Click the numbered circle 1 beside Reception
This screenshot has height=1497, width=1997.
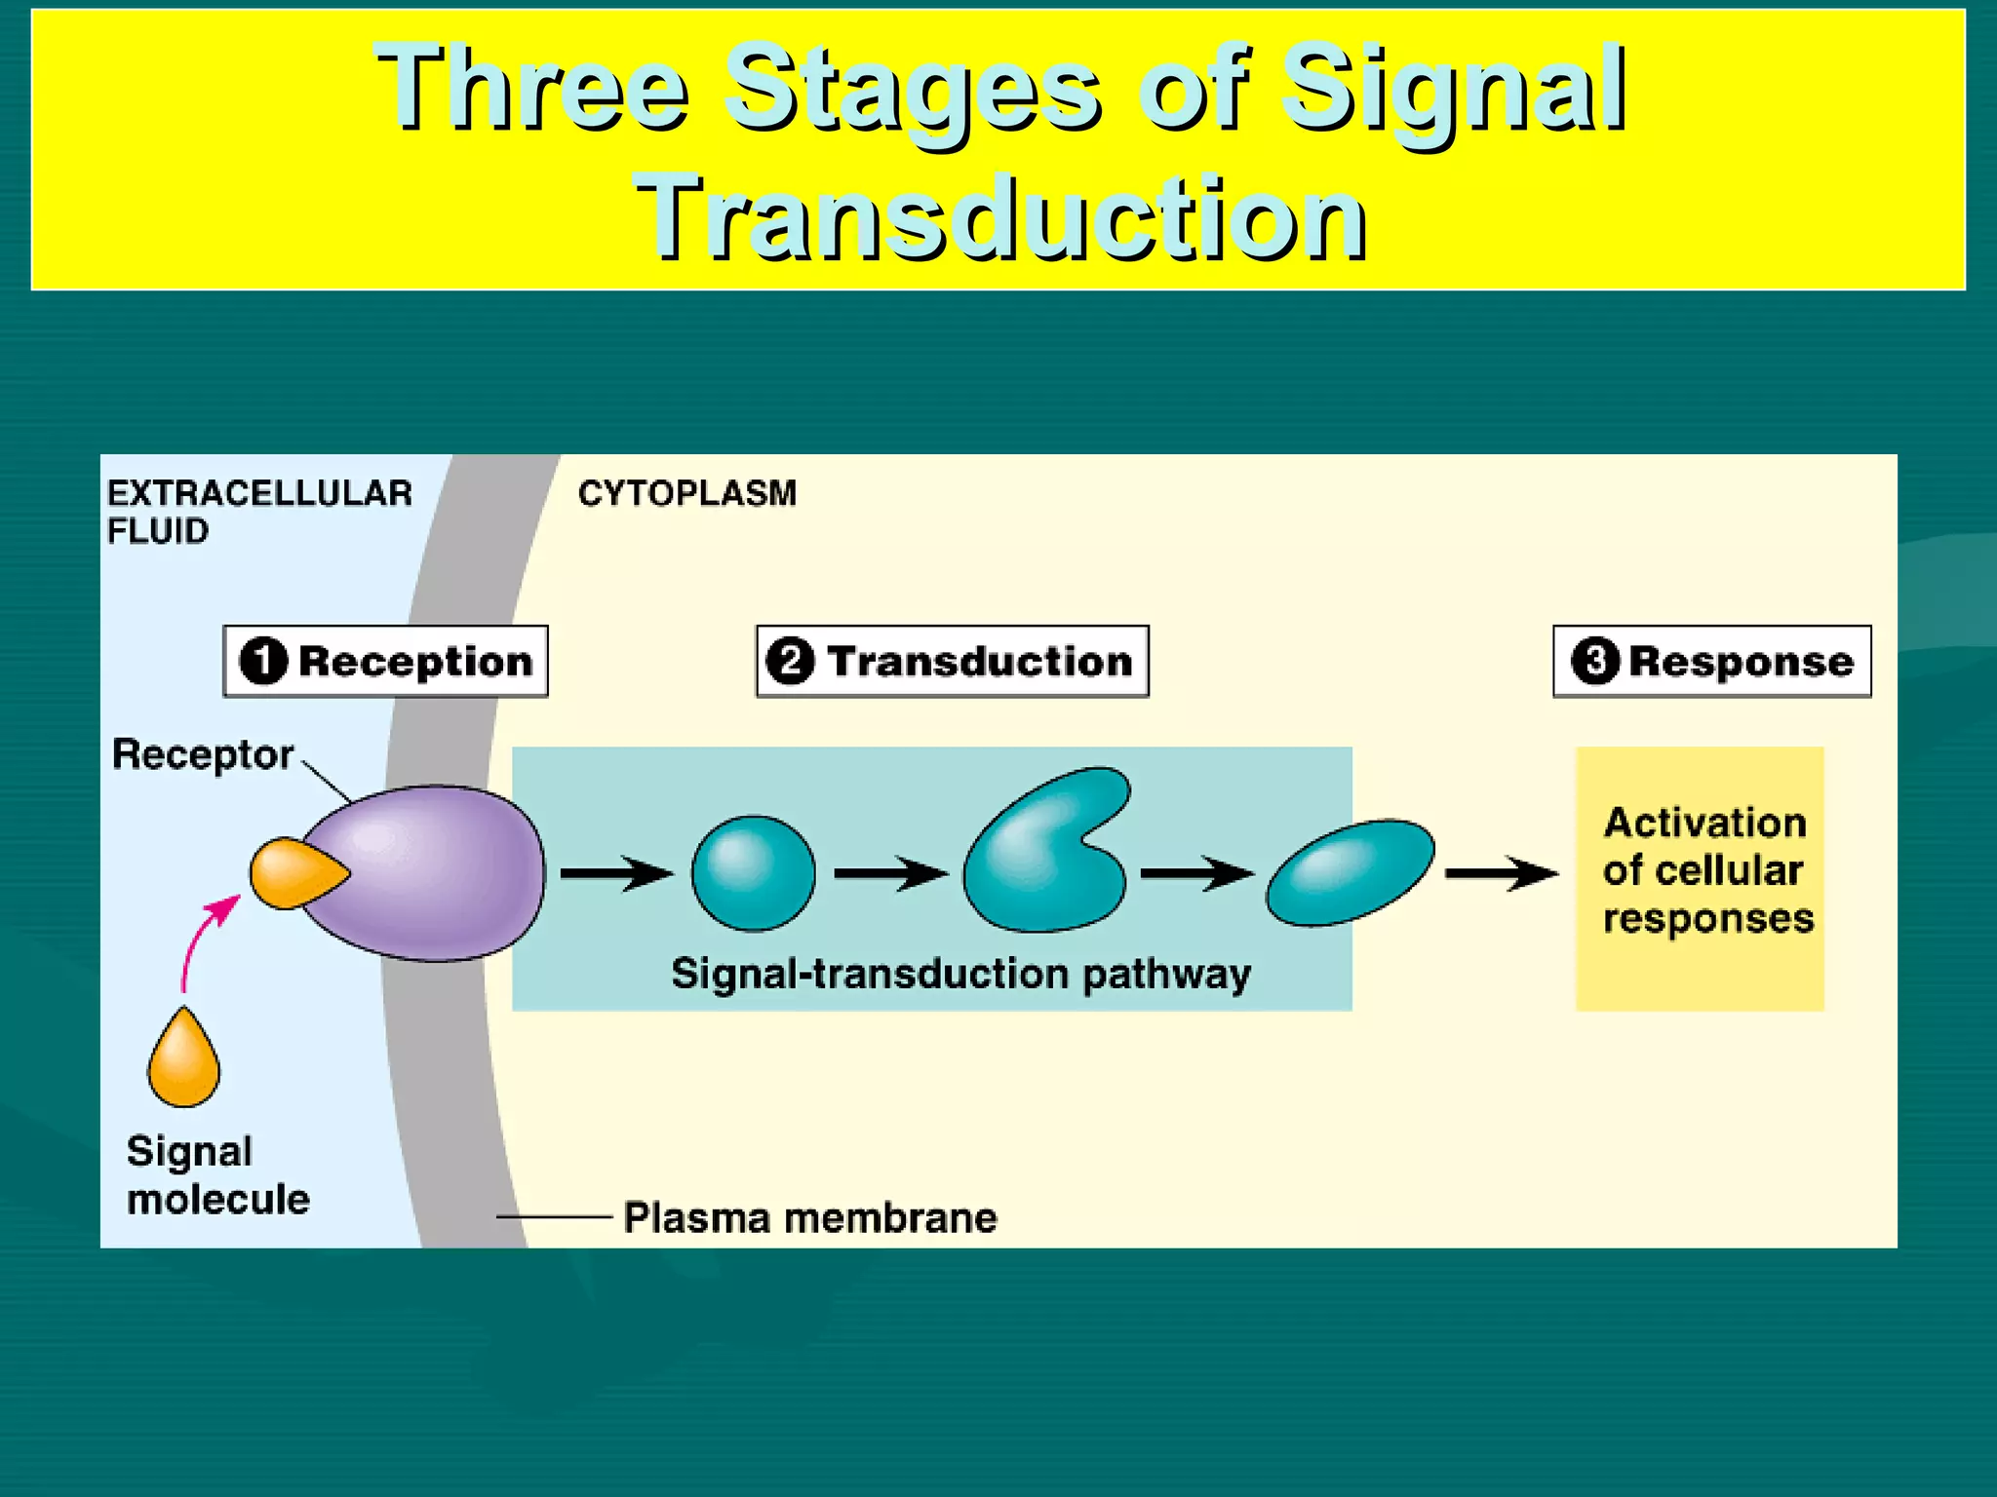point(263,661)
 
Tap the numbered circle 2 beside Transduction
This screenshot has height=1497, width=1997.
point(790,661)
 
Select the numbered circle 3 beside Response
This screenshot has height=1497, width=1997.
point(1595,661)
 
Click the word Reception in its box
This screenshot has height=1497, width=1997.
point(415,662)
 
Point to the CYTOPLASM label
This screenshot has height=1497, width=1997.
point(686,493)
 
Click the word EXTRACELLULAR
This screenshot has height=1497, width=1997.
point(259,493)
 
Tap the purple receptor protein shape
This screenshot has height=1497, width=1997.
point(439,872)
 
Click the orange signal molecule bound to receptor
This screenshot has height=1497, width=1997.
point(293,872)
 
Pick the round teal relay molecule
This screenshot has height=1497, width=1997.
point(753,873)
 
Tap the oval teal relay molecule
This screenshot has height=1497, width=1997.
point(1351,871)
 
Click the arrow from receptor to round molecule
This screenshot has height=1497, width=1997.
point(614,873)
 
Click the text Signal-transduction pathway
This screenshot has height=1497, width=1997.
point(960,974)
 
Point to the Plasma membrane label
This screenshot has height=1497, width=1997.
point(809,1217)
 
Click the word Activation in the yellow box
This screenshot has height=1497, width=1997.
point(1704,823)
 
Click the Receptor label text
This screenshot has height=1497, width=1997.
point(203,754)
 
